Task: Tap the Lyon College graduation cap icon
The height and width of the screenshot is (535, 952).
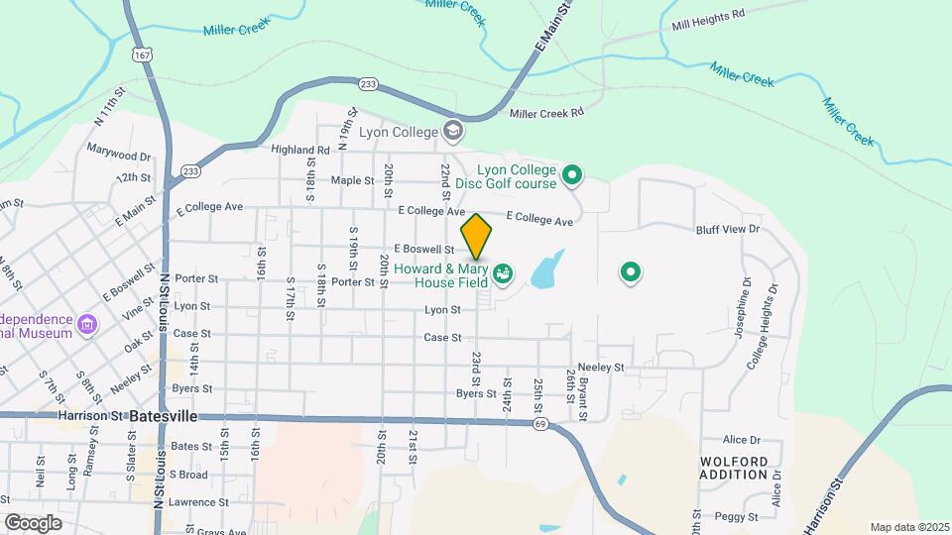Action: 453,131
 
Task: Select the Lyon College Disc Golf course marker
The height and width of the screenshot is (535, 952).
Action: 571,176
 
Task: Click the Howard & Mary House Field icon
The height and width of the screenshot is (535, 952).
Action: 503,270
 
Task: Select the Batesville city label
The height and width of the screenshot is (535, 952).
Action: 164,417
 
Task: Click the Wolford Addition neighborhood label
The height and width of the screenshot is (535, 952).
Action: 734,468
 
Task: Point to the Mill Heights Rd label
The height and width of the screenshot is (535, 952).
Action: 707,19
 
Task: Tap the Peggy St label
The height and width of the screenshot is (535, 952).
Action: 739,517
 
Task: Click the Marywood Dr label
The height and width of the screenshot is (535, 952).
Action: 118,156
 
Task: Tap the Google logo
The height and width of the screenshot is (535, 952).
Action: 33,522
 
